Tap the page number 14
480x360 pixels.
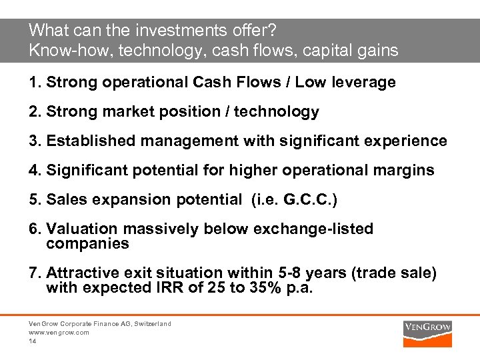[32, 341]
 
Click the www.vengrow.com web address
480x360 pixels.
[59, 332]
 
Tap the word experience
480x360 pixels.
[409, 141]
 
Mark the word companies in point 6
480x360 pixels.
[87, 244]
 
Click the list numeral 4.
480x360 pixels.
[33, 171]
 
